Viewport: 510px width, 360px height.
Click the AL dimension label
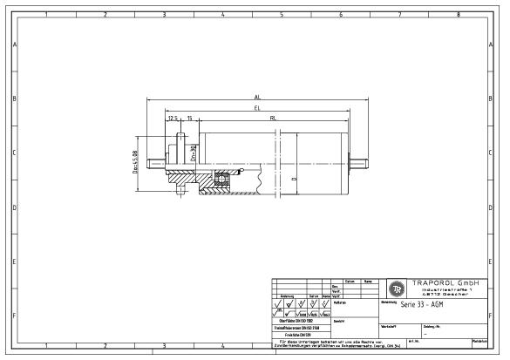[256, 97]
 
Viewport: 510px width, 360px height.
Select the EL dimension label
[256, 108]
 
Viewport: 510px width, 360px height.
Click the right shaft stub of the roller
[357, 163]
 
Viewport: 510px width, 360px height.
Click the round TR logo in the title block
[397, 289]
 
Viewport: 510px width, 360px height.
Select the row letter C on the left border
[15, 153]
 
